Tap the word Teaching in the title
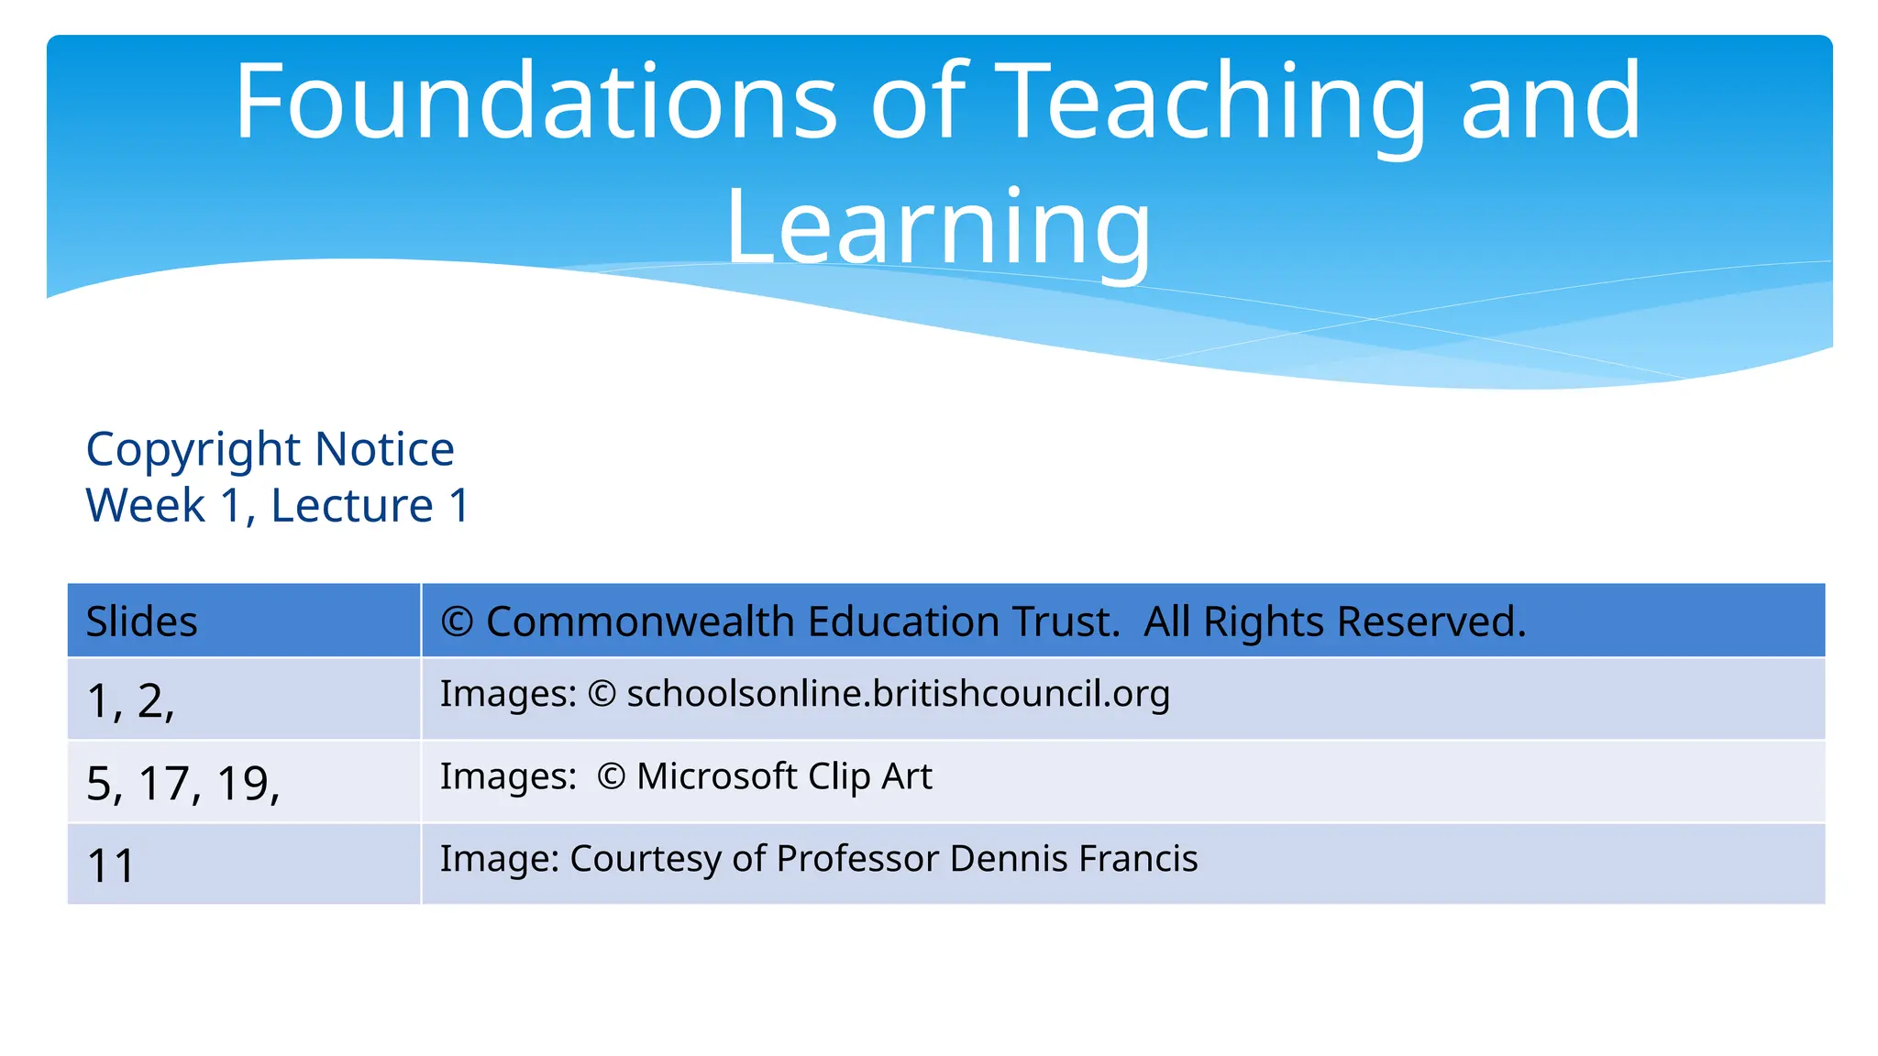[x=1210, y=103]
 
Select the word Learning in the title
[x=938, y=227]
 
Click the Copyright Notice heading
[x=270, y=449]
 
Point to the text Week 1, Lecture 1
[x=278, y=505]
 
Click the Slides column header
[x=141, y=621]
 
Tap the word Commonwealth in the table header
[x=641, y=621]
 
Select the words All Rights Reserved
[x=1334, y=621]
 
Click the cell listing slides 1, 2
[x=130, y=700]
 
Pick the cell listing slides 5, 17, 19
[x=182, y=783]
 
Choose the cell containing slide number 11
[x=111, y=865]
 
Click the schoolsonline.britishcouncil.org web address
[x=898, y=694]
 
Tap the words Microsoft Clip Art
[x=784, y=776]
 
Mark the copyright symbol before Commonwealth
[x=457, y=622]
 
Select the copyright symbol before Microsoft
[x=611, y=777]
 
